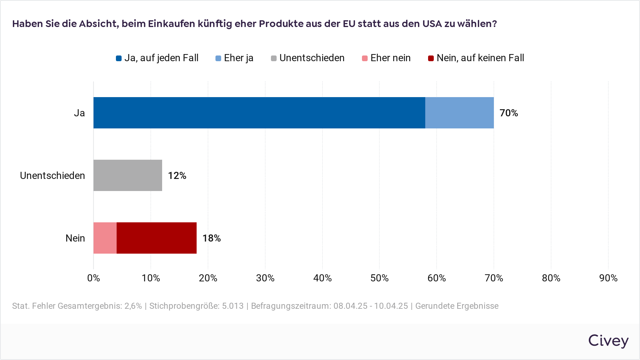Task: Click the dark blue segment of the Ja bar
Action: tap(259, 113)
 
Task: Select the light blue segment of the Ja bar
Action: tap(459, 113)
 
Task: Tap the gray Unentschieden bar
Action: tap(128, 175)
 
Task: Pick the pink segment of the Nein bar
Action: tap(105, 238)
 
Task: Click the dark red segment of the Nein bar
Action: tap(156, 238)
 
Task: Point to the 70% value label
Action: tap(508, 113)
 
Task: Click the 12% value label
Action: tap(177, 176)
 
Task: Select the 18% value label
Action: tap(212, 238)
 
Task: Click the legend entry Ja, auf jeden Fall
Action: tap(157, 58)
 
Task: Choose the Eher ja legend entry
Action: tap(235, 58)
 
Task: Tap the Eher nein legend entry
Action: tap(386, 58)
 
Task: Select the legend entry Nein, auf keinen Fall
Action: tap(476, 58)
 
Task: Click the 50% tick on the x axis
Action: tap(379, 278)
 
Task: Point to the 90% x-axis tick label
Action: tap(608, 278)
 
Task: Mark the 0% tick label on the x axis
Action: tap(94, 278)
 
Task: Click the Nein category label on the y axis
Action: tap(75, 238)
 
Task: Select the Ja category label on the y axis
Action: tap(79, 113)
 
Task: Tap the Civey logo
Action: tap(608, 340)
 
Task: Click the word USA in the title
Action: tap(432, 24)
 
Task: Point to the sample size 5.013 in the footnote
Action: tap(233, 306)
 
